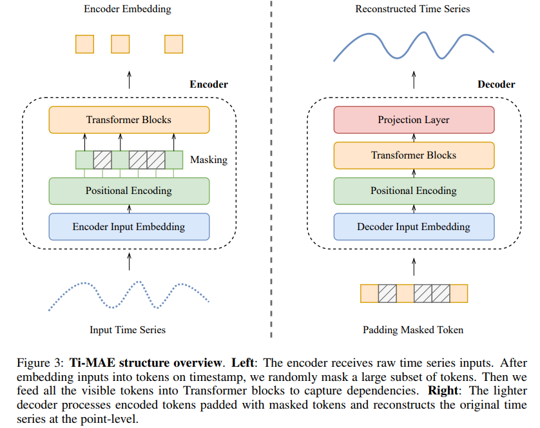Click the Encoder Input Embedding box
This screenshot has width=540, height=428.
[x=129, y=226]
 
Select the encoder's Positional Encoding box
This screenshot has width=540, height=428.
[x=129, y=191]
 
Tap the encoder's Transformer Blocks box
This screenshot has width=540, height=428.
[x=129, y=120]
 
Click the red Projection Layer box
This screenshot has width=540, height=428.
[x=413, y=120]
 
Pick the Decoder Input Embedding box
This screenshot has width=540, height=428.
[x=413, y=226]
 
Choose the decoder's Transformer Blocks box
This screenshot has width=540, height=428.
[x=413, y=155]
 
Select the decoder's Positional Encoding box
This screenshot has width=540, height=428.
[x=413, y=191]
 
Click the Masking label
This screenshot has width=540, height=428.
[x=209, y=159]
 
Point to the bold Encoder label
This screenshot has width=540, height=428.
[x=208, y=84]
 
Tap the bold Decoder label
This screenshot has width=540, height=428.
[x=496, y=84]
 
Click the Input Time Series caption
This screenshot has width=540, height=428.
[x=128, y=329]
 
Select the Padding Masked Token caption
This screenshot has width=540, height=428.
[x=413, y=329]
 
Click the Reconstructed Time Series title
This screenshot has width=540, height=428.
[x=412, y=9]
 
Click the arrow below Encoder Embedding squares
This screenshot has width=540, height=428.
[x=129, y=79]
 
